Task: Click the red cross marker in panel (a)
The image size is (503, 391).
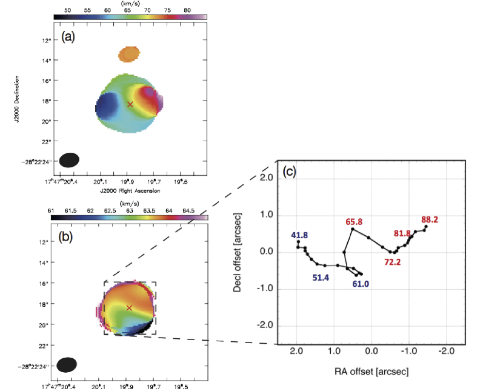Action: pos(130,104)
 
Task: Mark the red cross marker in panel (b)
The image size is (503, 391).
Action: pos(128,308)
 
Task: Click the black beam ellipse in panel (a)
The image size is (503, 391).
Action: pos(70,159)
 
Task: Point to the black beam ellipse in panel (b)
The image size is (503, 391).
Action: pos(67,364)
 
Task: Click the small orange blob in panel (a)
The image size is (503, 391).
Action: pos(128,55)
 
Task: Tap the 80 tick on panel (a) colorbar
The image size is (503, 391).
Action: pos(185,10)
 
